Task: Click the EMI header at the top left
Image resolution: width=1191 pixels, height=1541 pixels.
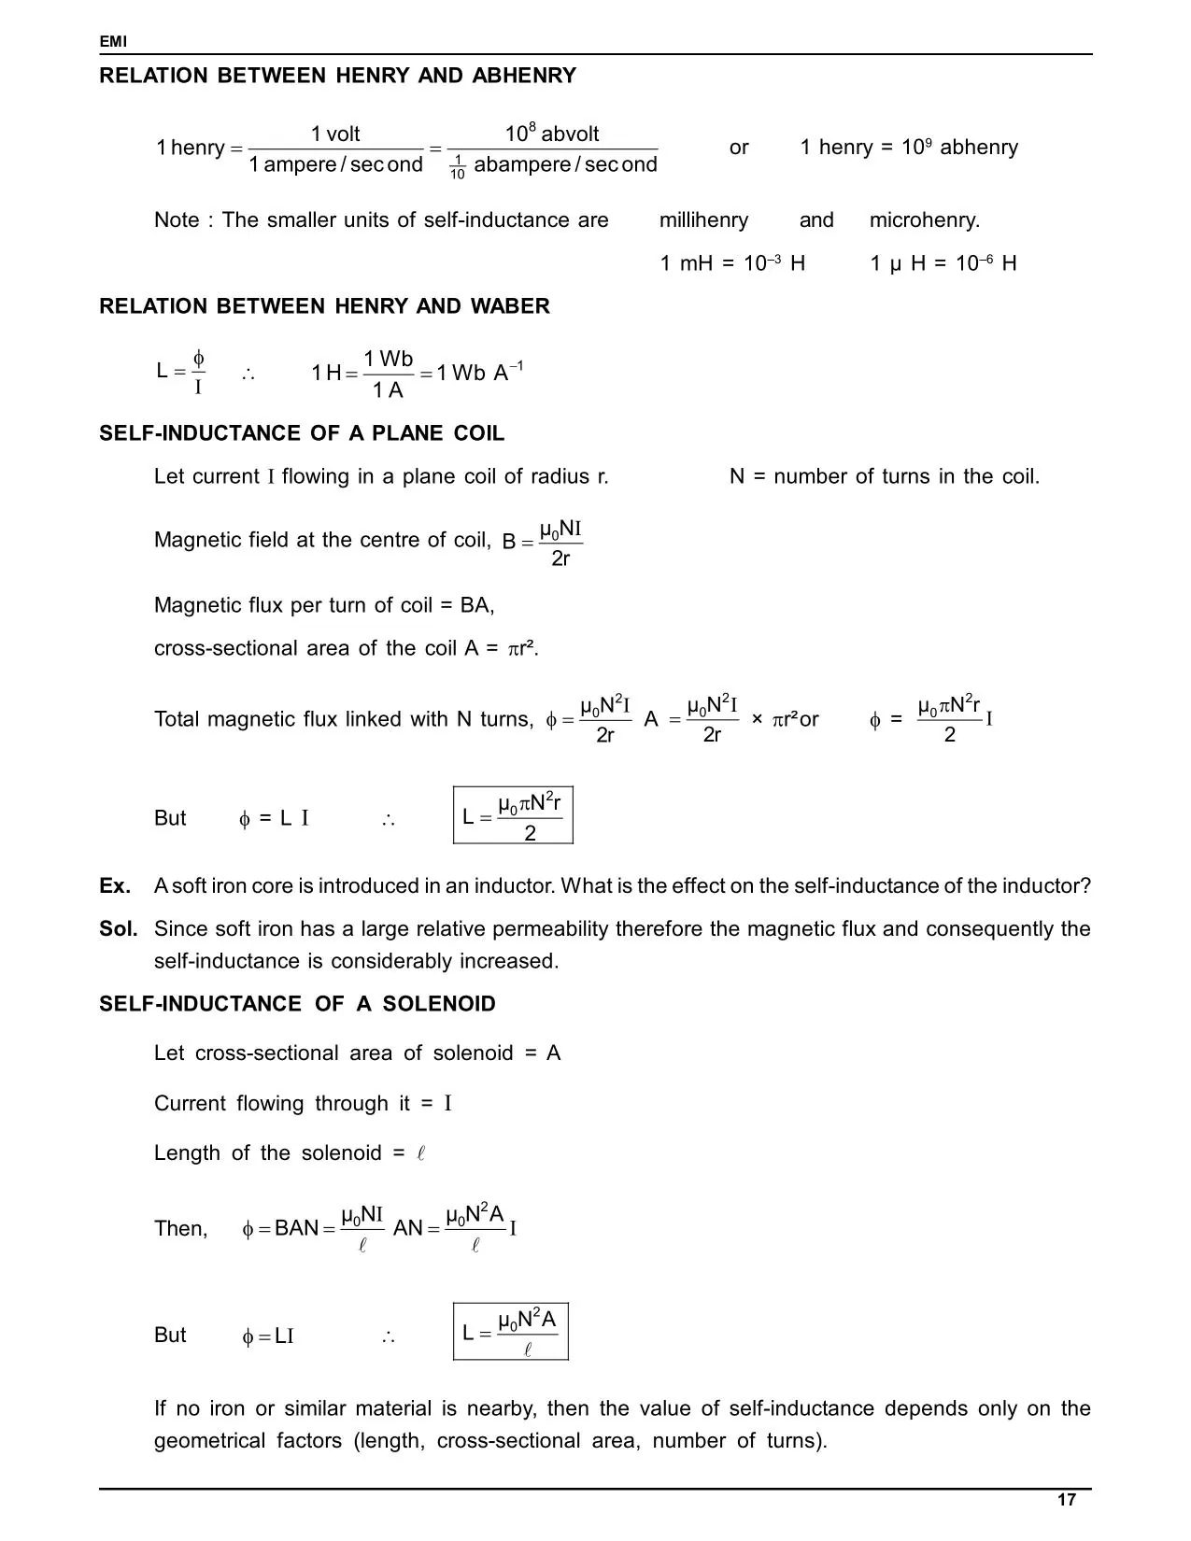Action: click(112, 42)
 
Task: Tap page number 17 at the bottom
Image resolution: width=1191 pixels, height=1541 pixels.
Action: click(1066, 1500)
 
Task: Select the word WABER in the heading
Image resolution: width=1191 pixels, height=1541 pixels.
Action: click(516, 306)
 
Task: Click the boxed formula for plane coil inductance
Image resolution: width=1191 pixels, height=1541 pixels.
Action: click(513, 815)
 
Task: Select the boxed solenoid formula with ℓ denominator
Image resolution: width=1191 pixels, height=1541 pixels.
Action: click(511, 1331)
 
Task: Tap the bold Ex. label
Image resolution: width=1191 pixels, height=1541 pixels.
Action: click(115, 885)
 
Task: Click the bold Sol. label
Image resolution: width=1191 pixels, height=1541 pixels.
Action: click(119, 928)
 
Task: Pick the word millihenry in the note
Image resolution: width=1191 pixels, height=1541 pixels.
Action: click(703, 220)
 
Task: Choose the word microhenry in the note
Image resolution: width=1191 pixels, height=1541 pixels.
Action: click(924, 220)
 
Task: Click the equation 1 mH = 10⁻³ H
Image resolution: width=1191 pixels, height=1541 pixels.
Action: click(732, 263)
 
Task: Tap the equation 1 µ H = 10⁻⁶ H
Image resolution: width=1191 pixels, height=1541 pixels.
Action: click(943, 263)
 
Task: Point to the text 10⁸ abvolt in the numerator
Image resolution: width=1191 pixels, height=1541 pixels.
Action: click(552, 134)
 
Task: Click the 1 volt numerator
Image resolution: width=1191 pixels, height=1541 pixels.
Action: click(335, 134)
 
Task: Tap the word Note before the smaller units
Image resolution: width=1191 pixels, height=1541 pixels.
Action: click(177, 220)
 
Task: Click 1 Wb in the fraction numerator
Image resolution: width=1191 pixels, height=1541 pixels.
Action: click(388, 360)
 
